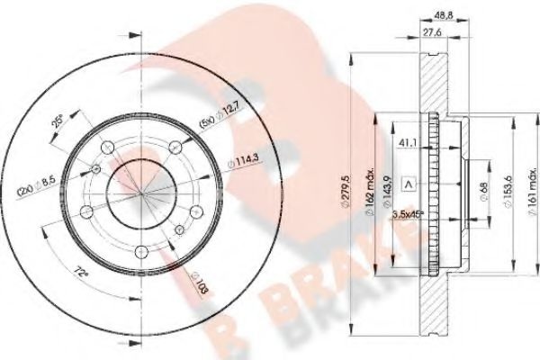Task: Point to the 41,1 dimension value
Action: pyautogui.click(x=407, y=141)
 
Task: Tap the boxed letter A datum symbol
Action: pyautogui.click(x=409, y=185)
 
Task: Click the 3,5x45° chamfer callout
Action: pyautogui.click(x=411, y=214)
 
